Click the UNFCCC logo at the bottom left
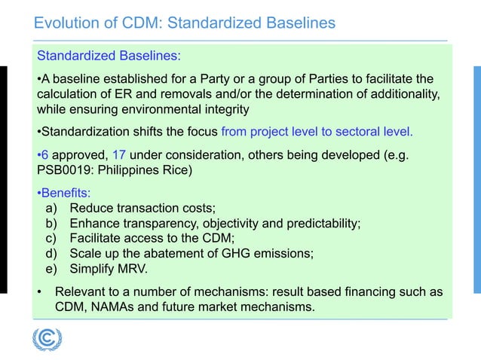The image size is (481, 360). coord(47,339)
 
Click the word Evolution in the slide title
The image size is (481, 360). coord(66,23)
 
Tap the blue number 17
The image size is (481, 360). coord(120,154)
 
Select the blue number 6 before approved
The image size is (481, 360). coord(42,154)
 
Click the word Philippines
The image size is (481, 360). coord(131,169)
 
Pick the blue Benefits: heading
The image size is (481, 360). coord(66,192)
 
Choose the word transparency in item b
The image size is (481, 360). coord(156,223)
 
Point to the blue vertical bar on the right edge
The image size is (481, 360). coord(476,179)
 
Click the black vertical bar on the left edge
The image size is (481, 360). coord(4,179)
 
